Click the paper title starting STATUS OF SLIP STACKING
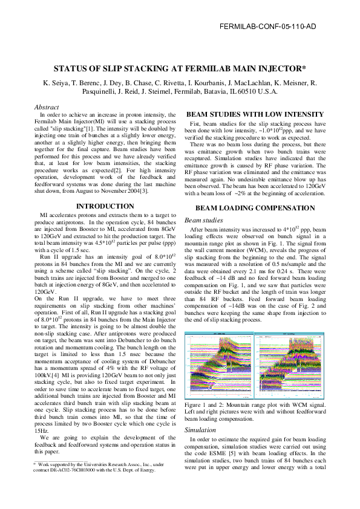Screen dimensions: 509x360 click(180, 68)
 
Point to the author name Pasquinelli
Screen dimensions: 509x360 click(102, 91)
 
